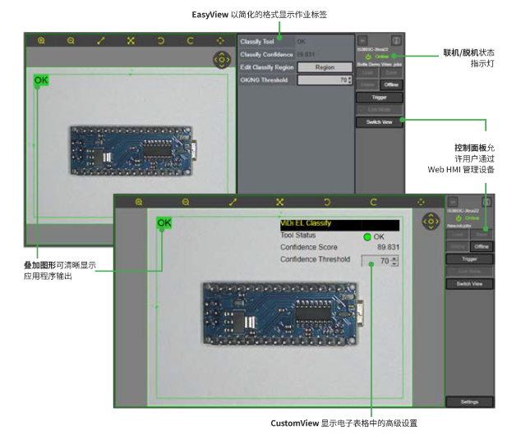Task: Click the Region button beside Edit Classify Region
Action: [x=325, y=67]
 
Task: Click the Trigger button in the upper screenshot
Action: [x=379, y=97]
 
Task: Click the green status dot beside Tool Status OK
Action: [x=367, y=236]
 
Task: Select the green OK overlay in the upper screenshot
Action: [x=40, y=80]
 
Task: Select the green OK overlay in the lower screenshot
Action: [x=164, y=222]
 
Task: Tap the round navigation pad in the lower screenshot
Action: [x=431, y=222]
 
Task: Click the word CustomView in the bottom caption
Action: [x=295, y=423]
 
